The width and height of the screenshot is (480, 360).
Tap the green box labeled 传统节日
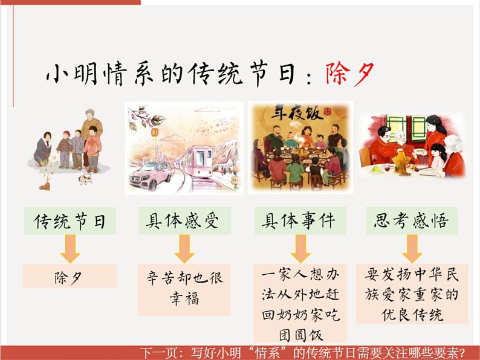pyautogui.click(x=70, y=221)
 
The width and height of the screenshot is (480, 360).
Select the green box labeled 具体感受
pyautogui.click(x=184, y=221)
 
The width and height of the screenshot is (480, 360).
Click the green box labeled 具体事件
pyautogui.click(x=299, y=221)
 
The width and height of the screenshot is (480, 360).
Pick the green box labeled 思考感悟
pyautogui.click(x=412, y=221)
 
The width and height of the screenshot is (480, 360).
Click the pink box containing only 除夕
pyautogui.click(x=70, y=277)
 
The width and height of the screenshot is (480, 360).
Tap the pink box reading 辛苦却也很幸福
pyautogui.click(x=184, y=288)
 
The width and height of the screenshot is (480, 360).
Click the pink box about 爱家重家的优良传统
pyautogui.click(x=412, y=294)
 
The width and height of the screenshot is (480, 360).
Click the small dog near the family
pyautogui.click(x=85, y=179)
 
